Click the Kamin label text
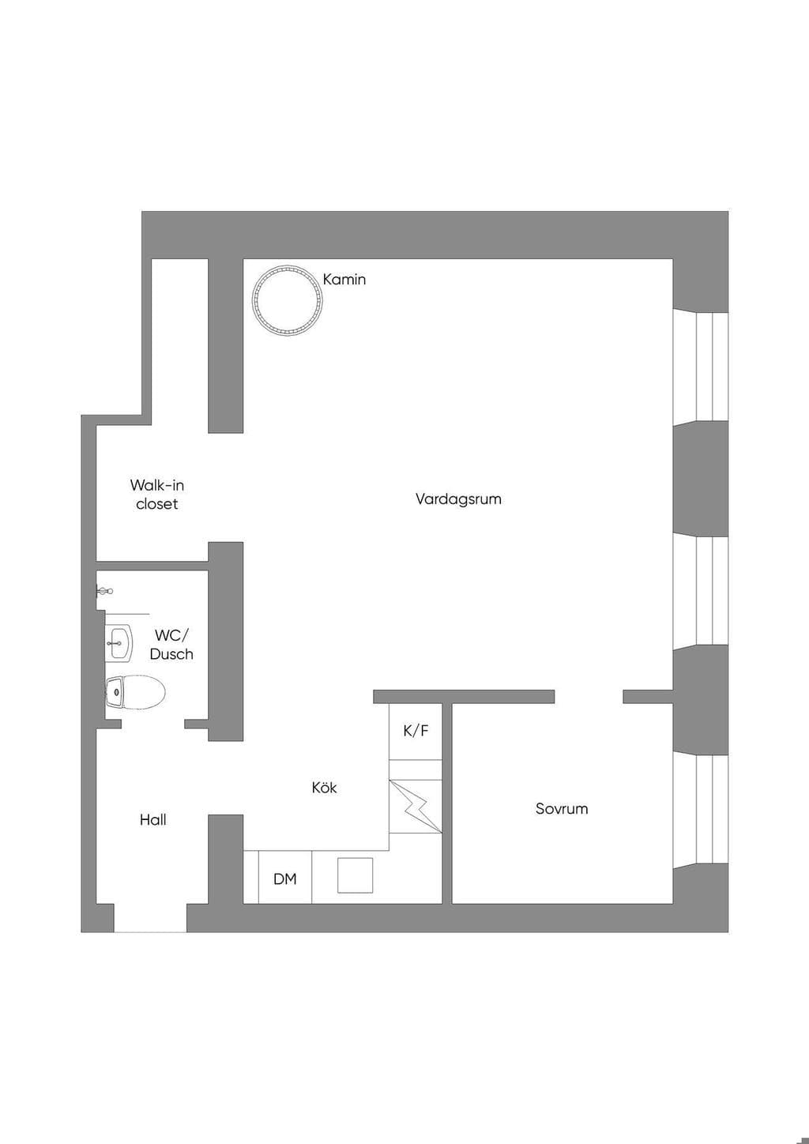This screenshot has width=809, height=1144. tap(344, 280)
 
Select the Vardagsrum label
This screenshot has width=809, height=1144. tap(458, 499)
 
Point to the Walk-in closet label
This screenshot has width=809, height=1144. tap(156, 494)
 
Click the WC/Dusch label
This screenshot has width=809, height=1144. tap(171, 645)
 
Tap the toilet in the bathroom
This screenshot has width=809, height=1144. tap(136, 693)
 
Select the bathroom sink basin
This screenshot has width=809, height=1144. tap(119, 642)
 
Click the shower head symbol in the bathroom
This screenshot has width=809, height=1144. tap(104, 592)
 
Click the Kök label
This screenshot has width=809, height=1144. tap(325, 788)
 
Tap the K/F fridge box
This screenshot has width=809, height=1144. tap(416, 732)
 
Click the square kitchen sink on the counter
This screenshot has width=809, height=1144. tap(355, 875)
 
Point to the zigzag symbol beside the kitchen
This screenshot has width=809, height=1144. tap(416, 807)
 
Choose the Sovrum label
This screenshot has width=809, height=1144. tap(562, 808)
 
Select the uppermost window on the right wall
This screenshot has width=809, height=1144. tap(700, 367)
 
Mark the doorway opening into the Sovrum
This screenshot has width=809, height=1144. tap(589, 697)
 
